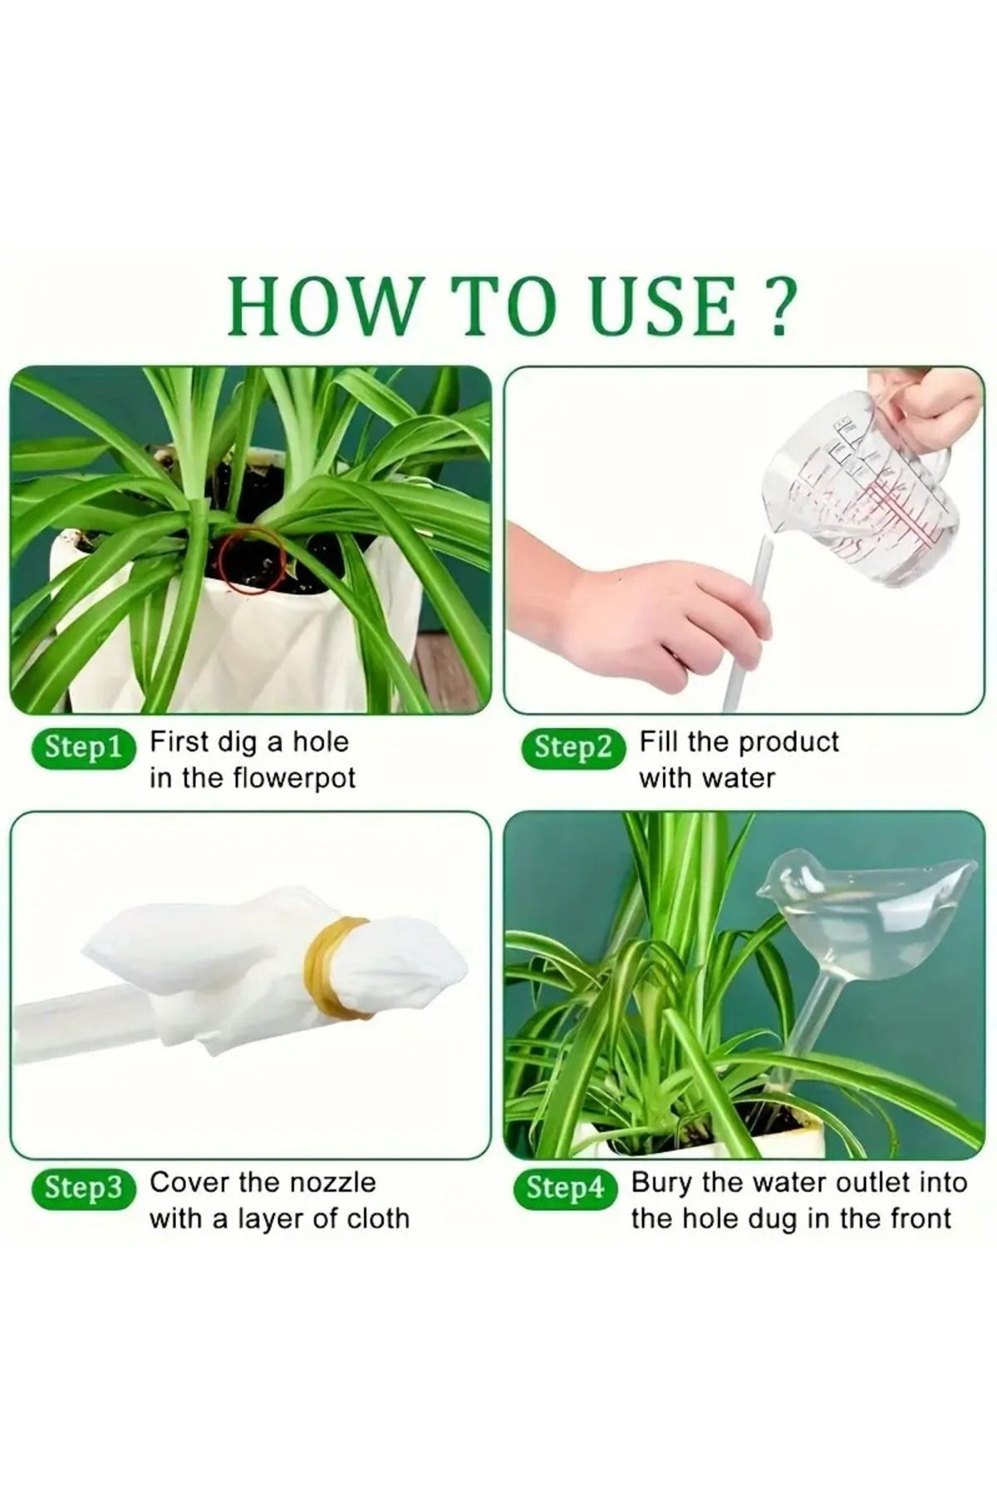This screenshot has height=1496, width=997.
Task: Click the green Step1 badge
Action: (83, 747)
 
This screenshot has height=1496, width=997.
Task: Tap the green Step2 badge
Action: (572, 747)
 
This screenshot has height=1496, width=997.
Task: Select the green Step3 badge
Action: (83, 1188)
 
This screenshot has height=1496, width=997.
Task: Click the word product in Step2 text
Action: (789, 743)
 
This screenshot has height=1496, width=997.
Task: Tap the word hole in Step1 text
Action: (320, 741)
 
